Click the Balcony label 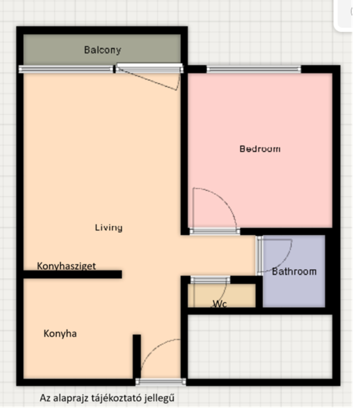[x=103, y=50]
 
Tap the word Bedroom [x=260, y=149]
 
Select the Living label [x=109, y=228]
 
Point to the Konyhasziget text [x=67, y=266]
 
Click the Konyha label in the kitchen [x=60, y=334]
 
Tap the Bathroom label [x=294, y=272]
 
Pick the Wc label [x=220, y=304]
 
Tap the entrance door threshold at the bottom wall [x=160, y=382]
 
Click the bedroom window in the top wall [x=254, y=69]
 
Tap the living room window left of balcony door [x=66, y=69]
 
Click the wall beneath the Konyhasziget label [x=73, y=274]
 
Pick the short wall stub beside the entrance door [x=136, y=356]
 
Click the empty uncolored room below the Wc [x=260, y=347]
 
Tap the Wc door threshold [x=210, y=280]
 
